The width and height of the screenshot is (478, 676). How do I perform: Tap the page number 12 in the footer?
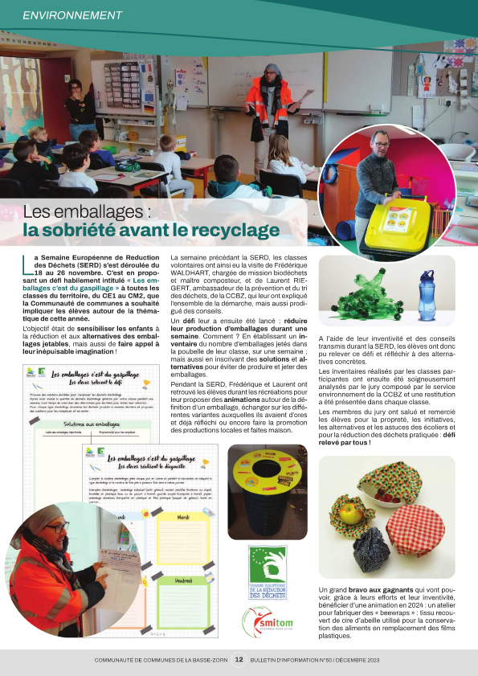239,659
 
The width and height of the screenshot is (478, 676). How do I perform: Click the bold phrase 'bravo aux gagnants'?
382,592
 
